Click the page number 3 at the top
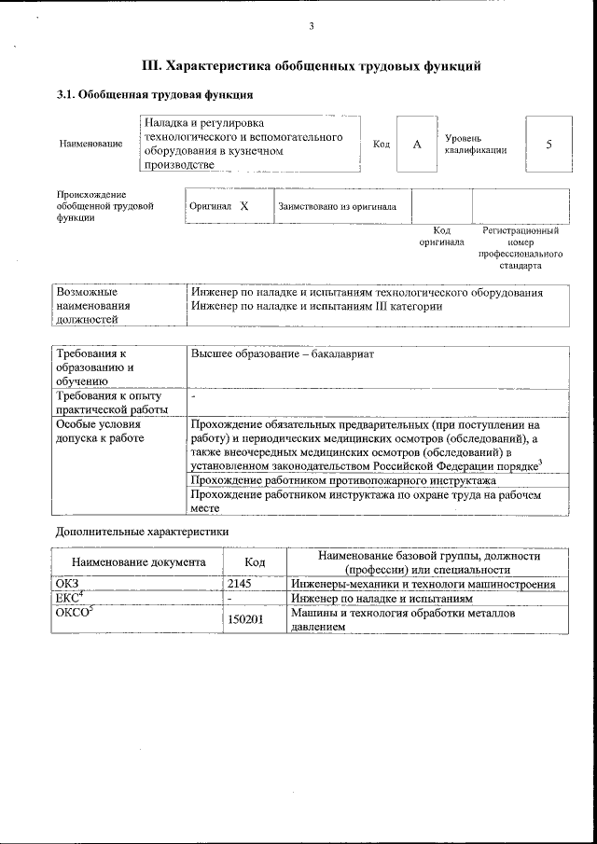click(x=311, y=26)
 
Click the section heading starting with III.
click(x=311, y=66)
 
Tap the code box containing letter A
click(x=417, y=145)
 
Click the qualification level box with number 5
click(x=548, y=145)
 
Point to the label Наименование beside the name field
click(x=90, y=145)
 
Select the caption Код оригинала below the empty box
click(x=441, y=236)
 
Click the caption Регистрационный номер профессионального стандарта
click(x=520, y=247)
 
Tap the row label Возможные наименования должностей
click(x=93, y=305)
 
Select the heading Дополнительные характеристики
click(x=143, y=531)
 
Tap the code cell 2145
click(x=241, y=584)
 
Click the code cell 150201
click(x=244, y=619)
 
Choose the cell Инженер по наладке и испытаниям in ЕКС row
click(x=382, y=598)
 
